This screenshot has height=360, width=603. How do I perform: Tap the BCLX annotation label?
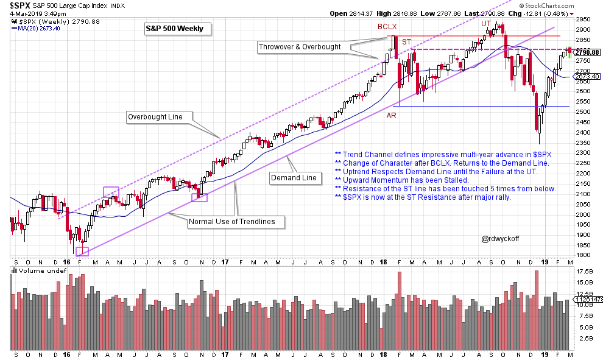387,27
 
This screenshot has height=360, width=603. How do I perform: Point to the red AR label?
392,115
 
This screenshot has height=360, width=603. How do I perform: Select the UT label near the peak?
486,23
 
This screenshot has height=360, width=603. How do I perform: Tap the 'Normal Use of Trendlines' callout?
235,222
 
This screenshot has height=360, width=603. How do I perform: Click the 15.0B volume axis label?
584,283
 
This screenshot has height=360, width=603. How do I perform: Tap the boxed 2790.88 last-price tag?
587,53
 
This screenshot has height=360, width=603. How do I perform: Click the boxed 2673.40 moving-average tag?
587,76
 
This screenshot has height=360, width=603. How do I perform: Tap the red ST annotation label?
406,41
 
